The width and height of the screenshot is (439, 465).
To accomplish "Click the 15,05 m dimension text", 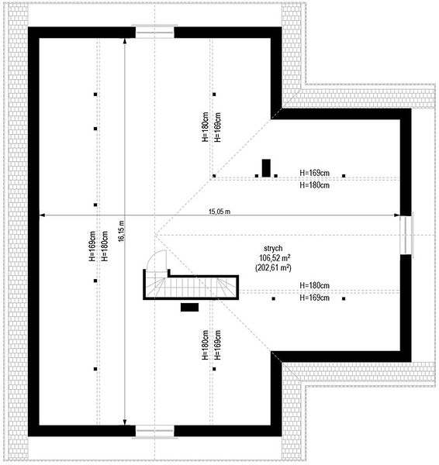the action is pyautogui.click(x=219, y=212).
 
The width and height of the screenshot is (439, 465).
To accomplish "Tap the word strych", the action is pyautogui.click(x=273, y=248).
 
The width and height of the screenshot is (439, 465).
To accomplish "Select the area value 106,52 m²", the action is pyautogui.click(x=275, y=257).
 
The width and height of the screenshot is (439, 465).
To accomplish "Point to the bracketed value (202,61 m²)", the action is pyautogui.click(x=273, y=267).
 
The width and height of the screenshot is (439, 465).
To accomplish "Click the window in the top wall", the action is pyautogui.click(x=154, y=32).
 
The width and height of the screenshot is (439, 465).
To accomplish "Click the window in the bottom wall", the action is pyautogui.click(x=154, y=432).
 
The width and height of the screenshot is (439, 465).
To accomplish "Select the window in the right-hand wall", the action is pyautogui.click(x=406, y=235).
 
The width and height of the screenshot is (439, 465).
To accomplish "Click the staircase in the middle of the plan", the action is pyautogui.click(x=191, y=284).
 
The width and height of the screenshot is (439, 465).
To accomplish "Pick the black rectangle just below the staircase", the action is pyautogui.click(x=189, y=307).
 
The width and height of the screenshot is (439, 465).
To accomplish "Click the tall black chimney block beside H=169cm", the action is pyautogui.click(x=266, y=168).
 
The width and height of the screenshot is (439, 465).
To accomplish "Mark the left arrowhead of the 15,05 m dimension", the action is pyautogui.click(x=42, y=215).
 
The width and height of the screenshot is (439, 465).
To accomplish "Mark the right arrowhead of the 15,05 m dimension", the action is pyautogui.click(x=397, y=215).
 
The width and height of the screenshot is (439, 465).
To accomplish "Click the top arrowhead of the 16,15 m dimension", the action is pyautogui.click(x=125, y=41).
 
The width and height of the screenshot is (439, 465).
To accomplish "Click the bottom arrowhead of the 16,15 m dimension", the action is pyautogui.click(x=125, y=422).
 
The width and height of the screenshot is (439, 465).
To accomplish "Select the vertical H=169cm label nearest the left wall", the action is pyautogui.click(x=92, y=246).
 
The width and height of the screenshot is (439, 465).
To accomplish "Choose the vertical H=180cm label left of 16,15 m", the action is pyautogui.click(x=105, y=246).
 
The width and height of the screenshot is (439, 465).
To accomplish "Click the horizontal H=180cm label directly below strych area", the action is pyautogui.click(x=314, y=285).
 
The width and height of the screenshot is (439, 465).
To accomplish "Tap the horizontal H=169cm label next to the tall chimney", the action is pyautogui.click(x=314, y=173).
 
